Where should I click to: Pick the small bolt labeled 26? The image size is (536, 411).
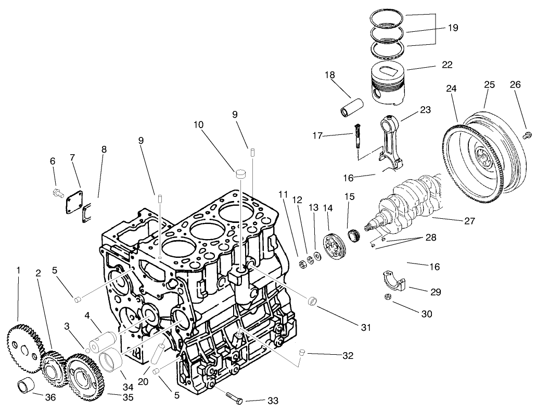[x=527, y=135]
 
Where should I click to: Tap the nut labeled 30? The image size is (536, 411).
[x=387, y=297]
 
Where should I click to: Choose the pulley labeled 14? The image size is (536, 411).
[x=331, y=246]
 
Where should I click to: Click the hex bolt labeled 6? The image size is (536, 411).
[x=58, y=194]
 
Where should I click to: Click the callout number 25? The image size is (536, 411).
[x=489, y=84]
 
